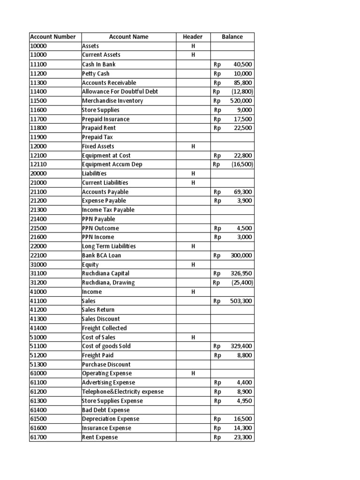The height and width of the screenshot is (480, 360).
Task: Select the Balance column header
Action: tap(232, 37)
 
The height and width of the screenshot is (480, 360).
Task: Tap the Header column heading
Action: tap(193, 37)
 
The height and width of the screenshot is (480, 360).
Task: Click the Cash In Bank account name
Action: tap(98, 64)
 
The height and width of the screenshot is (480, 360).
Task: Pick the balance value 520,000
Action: tap(241, 101)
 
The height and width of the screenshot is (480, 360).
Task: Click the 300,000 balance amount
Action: tap(241, 255)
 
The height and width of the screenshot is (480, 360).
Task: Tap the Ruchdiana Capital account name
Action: tap(105, 273)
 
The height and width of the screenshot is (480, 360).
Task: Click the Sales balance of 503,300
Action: tap(241, 301)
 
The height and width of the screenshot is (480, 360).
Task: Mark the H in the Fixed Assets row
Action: tap(193, 146)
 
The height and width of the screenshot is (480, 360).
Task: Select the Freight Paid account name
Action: tap(97, 355)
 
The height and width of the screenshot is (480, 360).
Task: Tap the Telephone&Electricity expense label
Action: tap(123, 392)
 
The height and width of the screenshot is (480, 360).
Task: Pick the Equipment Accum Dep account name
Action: tap(112, 165)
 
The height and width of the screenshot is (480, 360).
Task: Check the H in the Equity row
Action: tap(193, 265)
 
